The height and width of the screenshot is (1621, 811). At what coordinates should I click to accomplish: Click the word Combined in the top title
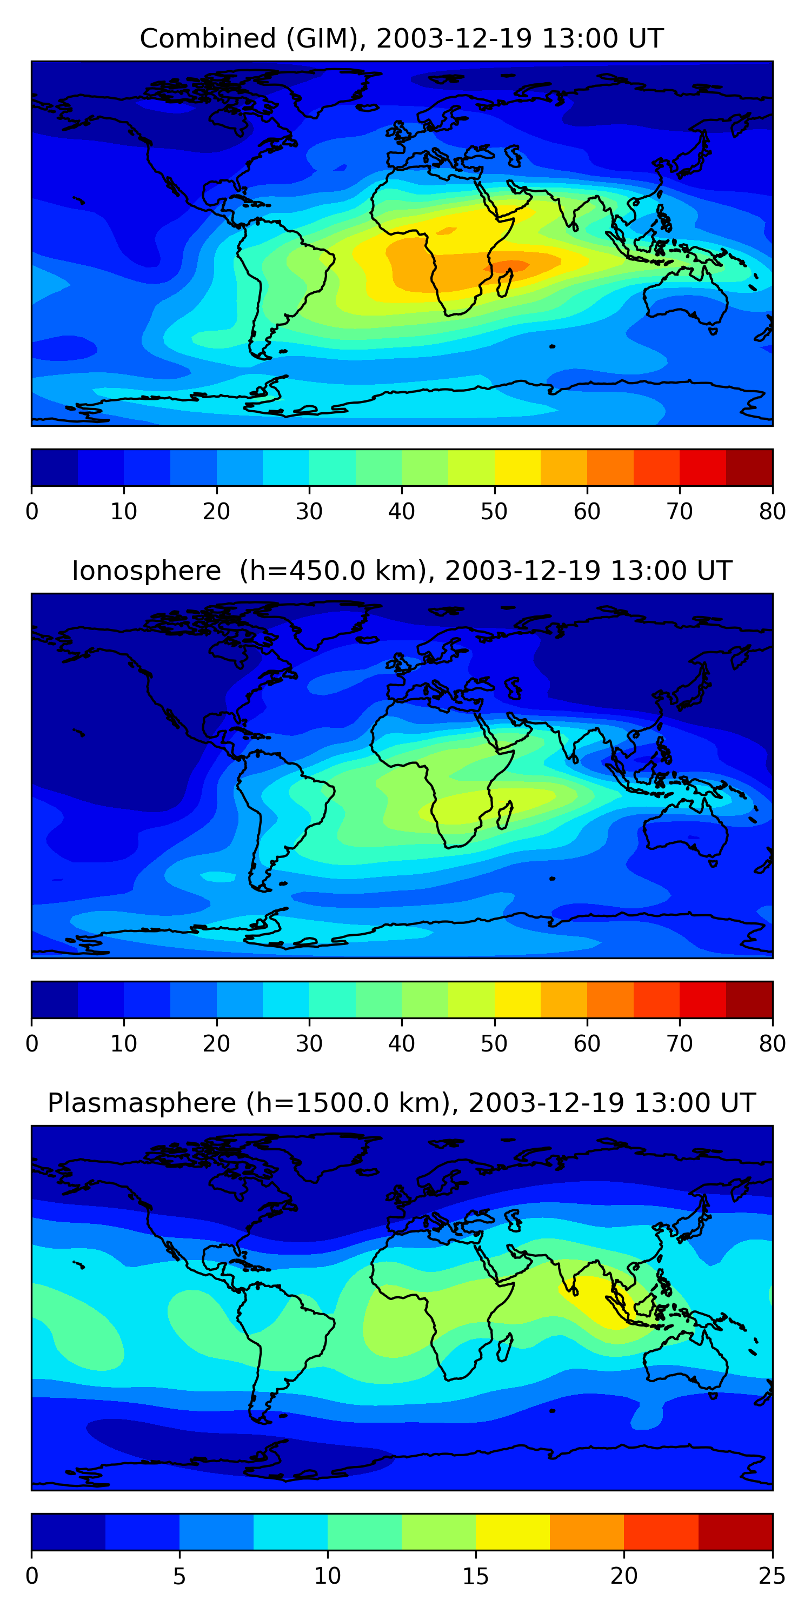pos(208,39)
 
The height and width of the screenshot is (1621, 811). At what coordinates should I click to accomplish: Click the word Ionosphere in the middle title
pos(146,571)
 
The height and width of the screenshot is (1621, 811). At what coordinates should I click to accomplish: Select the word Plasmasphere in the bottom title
pos(141,1103)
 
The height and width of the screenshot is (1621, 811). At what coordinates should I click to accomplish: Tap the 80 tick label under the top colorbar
pos(772,512)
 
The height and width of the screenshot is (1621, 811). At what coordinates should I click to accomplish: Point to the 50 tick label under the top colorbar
pos(494,512)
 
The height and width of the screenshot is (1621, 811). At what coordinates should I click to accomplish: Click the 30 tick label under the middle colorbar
pos(309,1043)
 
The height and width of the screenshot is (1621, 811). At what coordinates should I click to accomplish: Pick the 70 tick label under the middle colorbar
pos(680,1043)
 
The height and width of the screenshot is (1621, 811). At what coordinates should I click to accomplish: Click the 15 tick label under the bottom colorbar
pos(475,1576)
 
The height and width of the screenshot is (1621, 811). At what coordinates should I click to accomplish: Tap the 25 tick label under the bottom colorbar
pos(772,1576)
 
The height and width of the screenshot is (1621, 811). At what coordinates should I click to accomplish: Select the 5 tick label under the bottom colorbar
pos(180,1576)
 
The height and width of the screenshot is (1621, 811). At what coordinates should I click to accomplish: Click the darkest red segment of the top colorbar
pos(749,467)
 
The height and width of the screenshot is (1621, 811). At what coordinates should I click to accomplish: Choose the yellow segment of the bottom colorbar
pos(513,1532)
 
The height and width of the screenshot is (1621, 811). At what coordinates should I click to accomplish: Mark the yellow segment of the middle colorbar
pos(517,999)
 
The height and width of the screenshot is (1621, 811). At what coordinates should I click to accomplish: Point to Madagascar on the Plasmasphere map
pos(504,1347)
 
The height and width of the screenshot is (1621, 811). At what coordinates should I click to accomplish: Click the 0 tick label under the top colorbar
pos(32,512)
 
